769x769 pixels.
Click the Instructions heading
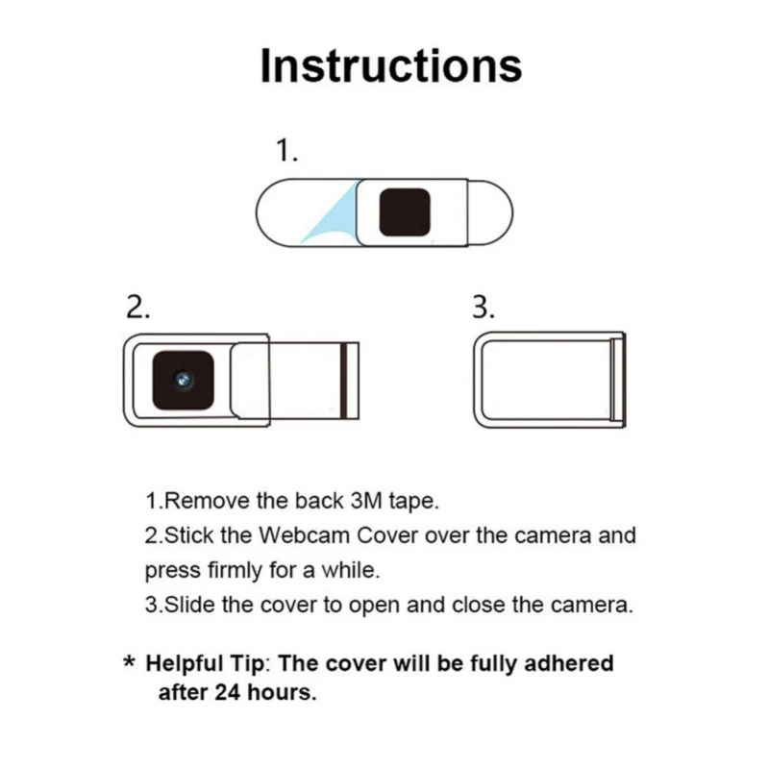click(391, 65)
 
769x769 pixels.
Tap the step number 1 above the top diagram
click(286, 150)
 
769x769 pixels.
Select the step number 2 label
click(137, 308)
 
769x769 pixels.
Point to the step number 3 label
click(484, 308)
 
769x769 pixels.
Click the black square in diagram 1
click(405, 211)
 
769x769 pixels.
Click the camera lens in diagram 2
click(183, 380)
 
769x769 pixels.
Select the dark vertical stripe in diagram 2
click(344, 381)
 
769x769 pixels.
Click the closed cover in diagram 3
click(549, 380)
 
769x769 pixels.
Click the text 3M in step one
click(366, 501)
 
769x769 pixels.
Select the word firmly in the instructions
click(235, 570)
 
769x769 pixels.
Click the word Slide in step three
click(189, 605)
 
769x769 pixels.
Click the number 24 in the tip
click(228, 692)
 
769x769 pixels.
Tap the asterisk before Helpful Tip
click(130, 661)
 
